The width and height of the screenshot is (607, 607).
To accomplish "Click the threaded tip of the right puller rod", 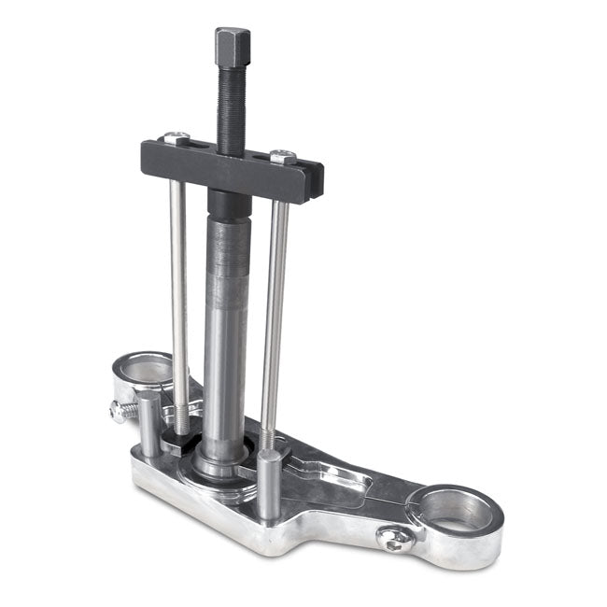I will pyautogui.click(x=268, y=437).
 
